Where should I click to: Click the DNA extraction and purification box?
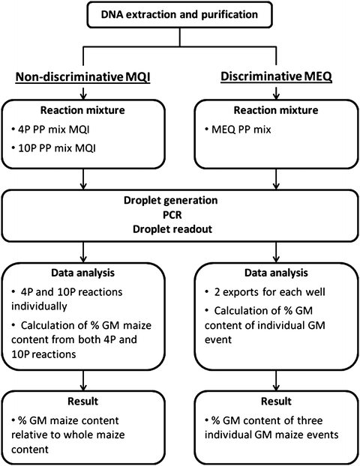coord(180,13)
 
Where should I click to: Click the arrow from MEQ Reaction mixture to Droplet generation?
coord(273,180)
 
